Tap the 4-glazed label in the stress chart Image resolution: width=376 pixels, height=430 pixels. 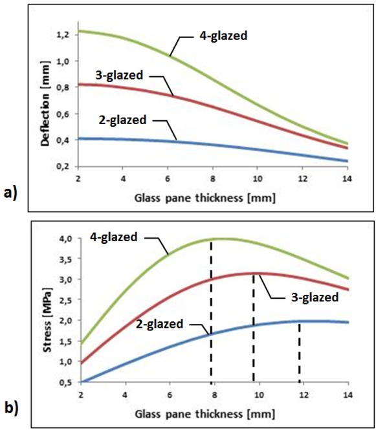click(x=111, y=237)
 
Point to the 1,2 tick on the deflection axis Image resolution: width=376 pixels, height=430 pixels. click(x=63, y=34)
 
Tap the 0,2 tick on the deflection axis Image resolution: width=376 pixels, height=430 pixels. click(x=63, y=166)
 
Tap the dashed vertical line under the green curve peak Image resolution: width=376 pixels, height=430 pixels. click(x=211, y=310)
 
